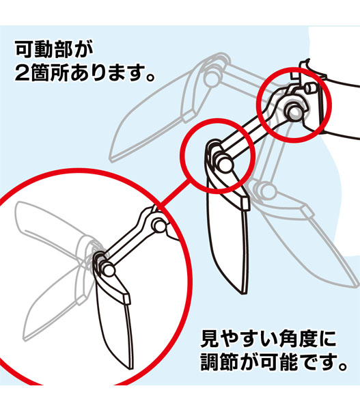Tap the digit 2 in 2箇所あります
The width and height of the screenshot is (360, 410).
23,72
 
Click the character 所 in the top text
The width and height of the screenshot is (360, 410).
59,72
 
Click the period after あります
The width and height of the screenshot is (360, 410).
150,77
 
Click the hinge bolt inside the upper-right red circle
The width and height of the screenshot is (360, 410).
295,111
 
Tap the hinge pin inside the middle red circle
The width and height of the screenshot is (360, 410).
224,163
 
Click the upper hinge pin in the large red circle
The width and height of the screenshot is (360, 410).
158,225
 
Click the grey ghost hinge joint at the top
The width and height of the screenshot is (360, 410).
212,75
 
